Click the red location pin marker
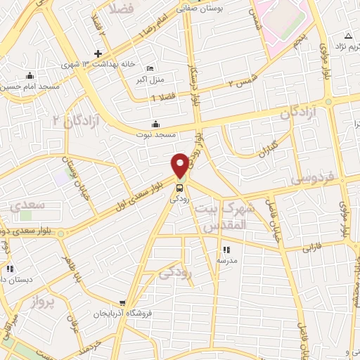[x=181, y=165]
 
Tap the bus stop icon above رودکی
[x=180, y=188]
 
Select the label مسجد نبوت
[x=155, y=134]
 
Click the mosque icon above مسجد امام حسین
[x=30, y=75]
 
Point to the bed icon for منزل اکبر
[x=149, y=68]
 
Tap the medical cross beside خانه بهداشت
[x=98, y=54]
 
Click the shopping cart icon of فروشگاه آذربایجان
[x=124, y=303]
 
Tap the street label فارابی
[x=311, y=247]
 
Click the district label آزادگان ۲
[x=77, y=121]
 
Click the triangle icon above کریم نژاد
[x=348, y=36]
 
